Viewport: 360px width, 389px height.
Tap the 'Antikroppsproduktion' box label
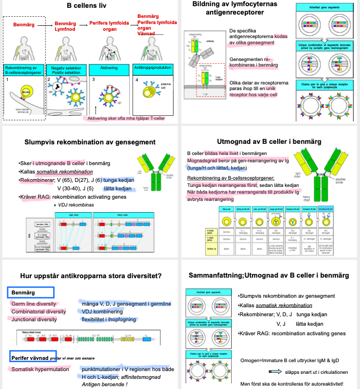153,67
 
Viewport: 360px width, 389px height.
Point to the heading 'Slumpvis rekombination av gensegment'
90,142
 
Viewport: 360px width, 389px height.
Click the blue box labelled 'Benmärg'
31,292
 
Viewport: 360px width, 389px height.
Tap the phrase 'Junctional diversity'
35,319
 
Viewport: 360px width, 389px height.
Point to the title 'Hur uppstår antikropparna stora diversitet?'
91,275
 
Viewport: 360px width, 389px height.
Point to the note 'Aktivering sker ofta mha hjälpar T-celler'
128,118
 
